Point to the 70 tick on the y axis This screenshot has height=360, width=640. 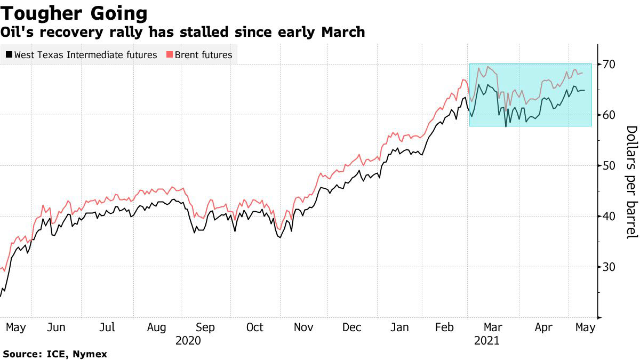[610, 65]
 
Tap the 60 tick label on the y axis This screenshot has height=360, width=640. [610, 115]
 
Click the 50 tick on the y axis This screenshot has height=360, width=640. [610, 165]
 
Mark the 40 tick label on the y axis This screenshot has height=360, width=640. [610, 216]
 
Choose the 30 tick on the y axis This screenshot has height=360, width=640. [610, 267]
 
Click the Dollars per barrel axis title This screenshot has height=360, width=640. [631, 182]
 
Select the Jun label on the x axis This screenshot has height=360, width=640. [57, 327]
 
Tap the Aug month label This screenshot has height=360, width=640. [157, 327]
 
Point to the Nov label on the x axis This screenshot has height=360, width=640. [304, 327]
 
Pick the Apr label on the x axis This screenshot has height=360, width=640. [543, 327]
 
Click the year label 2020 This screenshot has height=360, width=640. [188, 340]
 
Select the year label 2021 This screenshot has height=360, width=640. [486, 340]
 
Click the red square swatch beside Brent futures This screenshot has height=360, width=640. [170, 54]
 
